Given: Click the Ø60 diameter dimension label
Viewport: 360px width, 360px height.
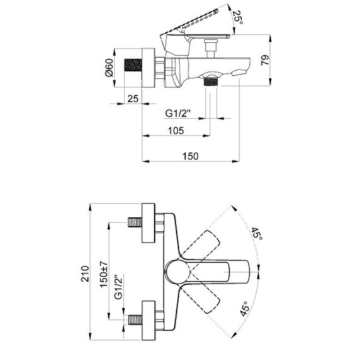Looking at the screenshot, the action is tap(109, 68).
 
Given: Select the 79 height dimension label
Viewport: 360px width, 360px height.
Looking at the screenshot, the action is tap(265, 60).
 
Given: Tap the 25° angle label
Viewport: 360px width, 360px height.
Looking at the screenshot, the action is tap(238, 18).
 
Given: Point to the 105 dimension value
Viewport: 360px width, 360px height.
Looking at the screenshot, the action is tap(176, 130).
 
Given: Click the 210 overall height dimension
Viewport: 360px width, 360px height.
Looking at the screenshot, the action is tap(85, 274).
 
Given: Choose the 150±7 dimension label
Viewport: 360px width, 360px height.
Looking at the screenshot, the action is tap(104, 274).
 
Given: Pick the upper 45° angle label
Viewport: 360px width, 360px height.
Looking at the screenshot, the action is tap(256, 234).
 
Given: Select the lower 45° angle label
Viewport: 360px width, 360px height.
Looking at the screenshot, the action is tap(244, 309).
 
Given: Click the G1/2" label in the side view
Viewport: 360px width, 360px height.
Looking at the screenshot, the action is tap(178, 113).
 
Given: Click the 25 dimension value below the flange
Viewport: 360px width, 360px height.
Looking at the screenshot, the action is tap(133, 99).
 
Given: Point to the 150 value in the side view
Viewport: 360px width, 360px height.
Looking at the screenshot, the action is tap(190, 156).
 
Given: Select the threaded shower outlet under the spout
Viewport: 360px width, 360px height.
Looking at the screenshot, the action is tap(211, 82).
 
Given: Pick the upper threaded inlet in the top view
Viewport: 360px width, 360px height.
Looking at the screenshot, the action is tap(135, 223).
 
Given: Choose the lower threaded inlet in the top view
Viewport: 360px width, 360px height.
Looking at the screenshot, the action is tap(135, 319).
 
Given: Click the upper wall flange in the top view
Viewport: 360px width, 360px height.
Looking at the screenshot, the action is tap(148, 223).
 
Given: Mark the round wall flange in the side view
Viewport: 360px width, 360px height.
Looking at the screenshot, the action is tap(148, 68).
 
